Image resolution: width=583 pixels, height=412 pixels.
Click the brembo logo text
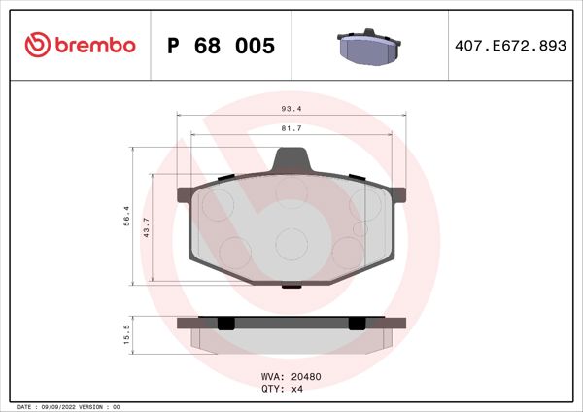click(93, 45)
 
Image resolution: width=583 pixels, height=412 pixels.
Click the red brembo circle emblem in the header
click(37, 45)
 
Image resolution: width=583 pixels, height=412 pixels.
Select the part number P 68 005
click(222, 46)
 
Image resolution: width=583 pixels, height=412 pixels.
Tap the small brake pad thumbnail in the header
click(371, 45)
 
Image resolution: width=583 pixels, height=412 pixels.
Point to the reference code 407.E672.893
click(510, 46)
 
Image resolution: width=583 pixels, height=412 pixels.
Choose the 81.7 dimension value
click(291, 127)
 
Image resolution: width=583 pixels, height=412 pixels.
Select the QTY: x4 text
click(282, 389)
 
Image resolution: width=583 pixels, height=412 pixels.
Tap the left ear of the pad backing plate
click(182, 194)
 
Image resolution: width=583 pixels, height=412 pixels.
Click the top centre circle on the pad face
click(291, 190)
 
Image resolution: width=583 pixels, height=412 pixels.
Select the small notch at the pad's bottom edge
click(291, 286)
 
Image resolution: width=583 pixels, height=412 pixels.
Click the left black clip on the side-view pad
click(224, 324)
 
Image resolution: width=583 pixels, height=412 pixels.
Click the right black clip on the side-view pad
click(357, 324)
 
